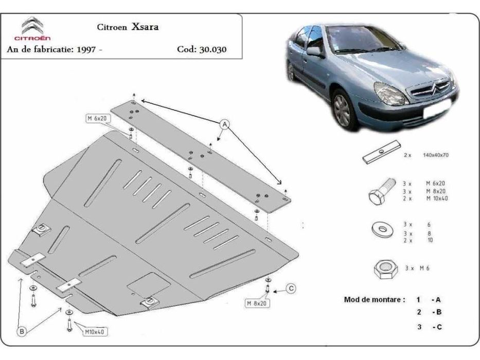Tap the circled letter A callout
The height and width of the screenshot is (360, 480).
click(x=224, y=123)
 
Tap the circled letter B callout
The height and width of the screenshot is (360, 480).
click(x=22, y=332)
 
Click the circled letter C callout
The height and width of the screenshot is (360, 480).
click(x=290, y=289)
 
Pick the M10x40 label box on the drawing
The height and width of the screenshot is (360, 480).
click(x=95, y=332)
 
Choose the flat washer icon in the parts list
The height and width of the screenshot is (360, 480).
click(x=381, y=228)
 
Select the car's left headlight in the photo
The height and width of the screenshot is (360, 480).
click(x=390, y=94)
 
